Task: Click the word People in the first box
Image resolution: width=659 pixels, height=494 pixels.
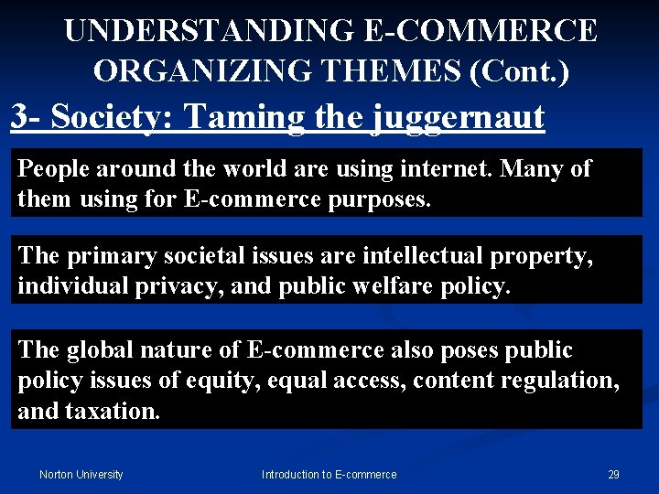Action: [x=52, y=169]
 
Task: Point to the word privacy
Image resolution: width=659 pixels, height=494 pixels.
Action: [x=156, y=285]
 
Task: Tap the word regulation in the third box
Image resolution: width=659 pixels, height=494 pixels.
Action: [x=557, y=380]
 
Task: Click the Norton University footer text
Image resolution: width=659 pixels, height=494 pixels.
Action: [x=81, y=474]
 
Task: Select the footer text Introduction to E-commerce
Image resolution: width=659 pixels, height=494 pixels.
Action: [x=329, y=474]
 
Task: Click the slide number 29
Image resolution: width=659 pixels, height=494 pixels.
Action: [x=613, y=474]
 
